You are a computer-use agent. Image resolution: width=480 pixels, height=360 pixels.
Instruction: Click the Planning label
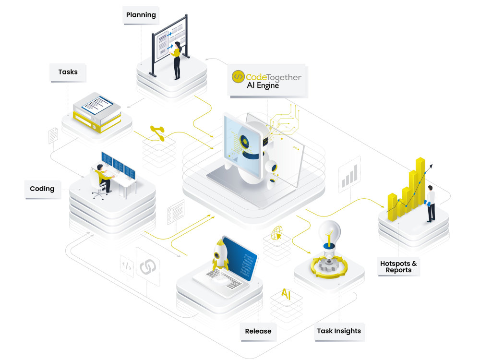[x=141, y=15]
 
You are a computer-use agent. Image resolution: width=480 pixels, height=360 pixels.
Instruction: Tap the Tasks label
[x=68, y=72]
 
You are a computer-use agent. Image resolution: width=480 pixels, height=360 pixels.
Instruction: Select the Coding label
[x=42, y=189]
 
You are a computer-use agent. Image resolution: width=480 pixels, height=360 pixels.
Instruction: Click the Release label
[x=258, y=331]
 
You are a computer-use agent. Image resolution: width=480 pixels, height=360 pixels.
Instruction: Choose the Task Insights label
[x=339, y=331]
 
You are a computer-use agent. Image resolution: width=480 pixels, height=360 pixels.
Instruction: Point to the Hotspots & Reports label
[x=398, y=266]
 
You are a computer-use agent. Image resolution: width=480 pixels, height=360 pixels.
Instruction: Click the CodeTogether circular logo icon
[x=238, y=76]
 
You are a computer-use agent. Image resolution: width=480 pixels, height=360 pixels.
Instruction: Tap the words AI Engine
[x=263, y=85]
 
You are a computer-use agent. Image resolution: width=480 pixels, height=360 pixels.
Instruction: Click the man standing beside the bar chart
[x=430, y=204]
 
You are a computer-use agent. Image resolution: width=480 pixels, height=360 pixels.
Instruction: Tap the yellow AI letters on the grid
[x=286, y=294]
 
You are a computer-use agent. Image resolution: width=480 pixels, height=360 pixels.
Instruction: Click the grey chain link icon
[x=148, y=267]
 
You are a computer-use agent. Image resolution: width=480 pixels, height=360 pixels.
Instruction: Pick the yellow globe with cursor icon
[x=277, y=233]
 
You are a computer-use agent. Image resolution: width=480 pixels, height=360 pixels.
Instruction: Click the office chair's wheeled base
[x=98, y=194]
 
